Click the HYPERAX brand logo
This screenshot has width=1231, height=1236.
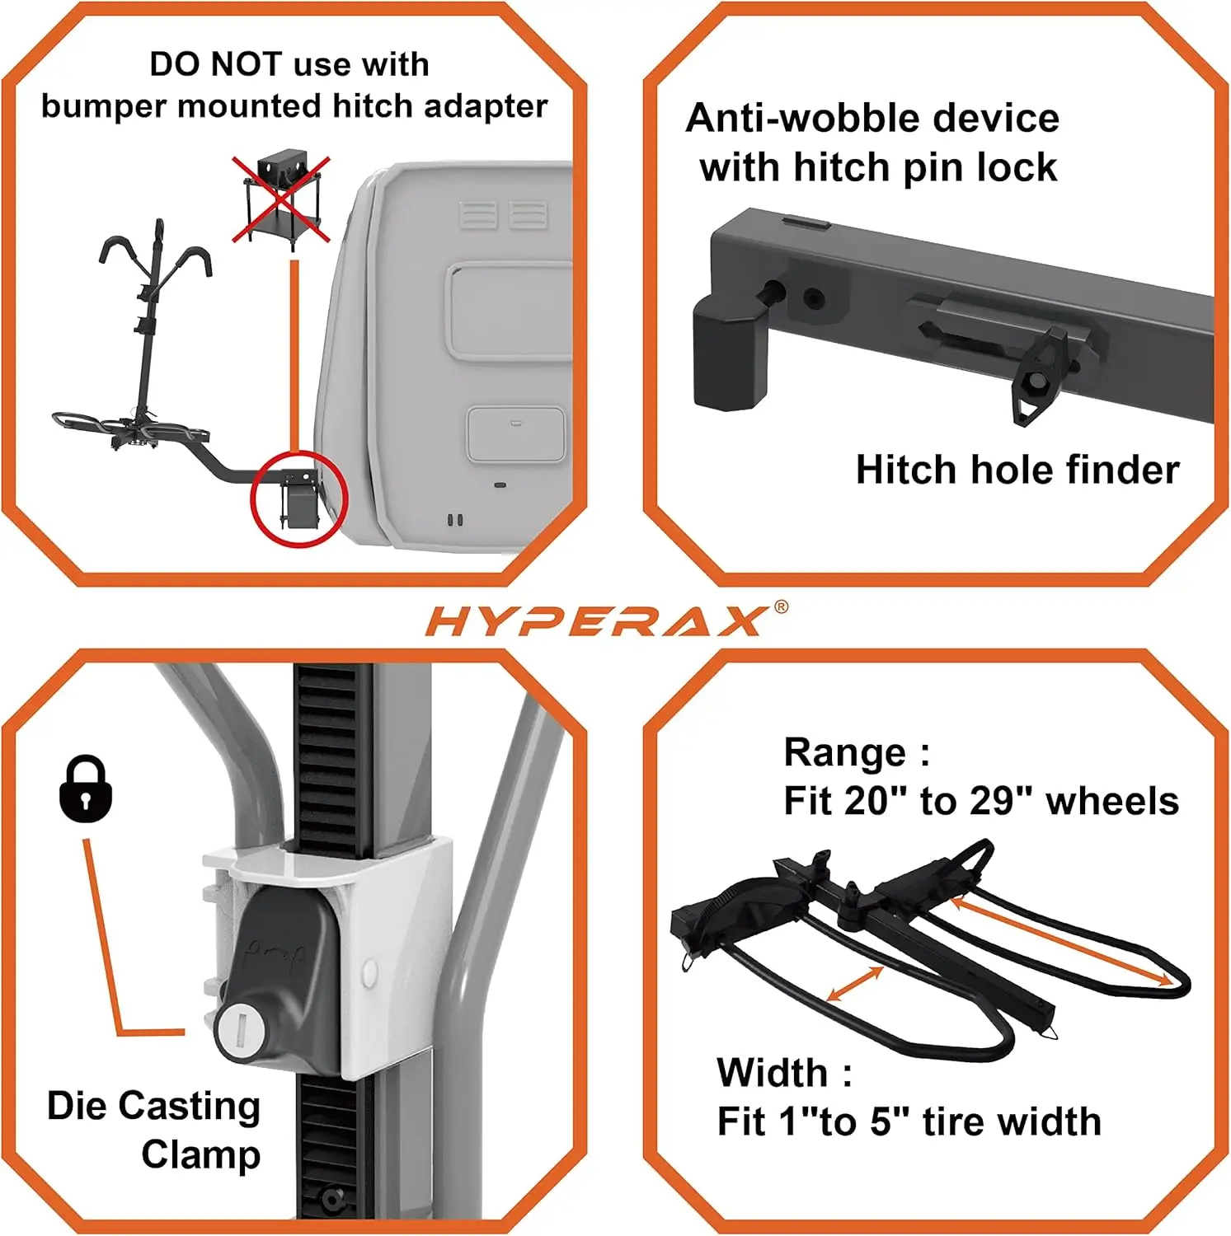[x=595, y=621]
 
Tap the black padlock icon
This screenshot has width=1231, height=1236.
[x=86, y=789]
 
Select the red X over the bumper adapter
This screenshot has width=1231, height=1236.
[x=281, y=199]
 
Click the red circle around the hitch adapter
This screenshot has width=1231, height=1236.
[x=298, y=499]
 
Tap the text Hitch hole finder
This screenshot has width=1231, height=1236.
[x=1017, y=470]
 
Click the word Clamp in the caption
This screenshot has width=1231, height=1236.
[x=201, y=1154]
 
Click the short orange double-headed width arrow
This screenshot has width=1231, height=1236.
[x=855, y=985]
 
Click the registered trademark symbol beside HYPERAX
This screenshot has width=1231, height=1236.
[x=781, y=607]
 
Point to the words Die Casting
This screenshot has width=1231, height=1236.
[x=153, y=1106]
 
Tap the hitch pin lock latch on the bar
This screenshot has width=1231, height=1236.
[x=1040, y=371]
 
